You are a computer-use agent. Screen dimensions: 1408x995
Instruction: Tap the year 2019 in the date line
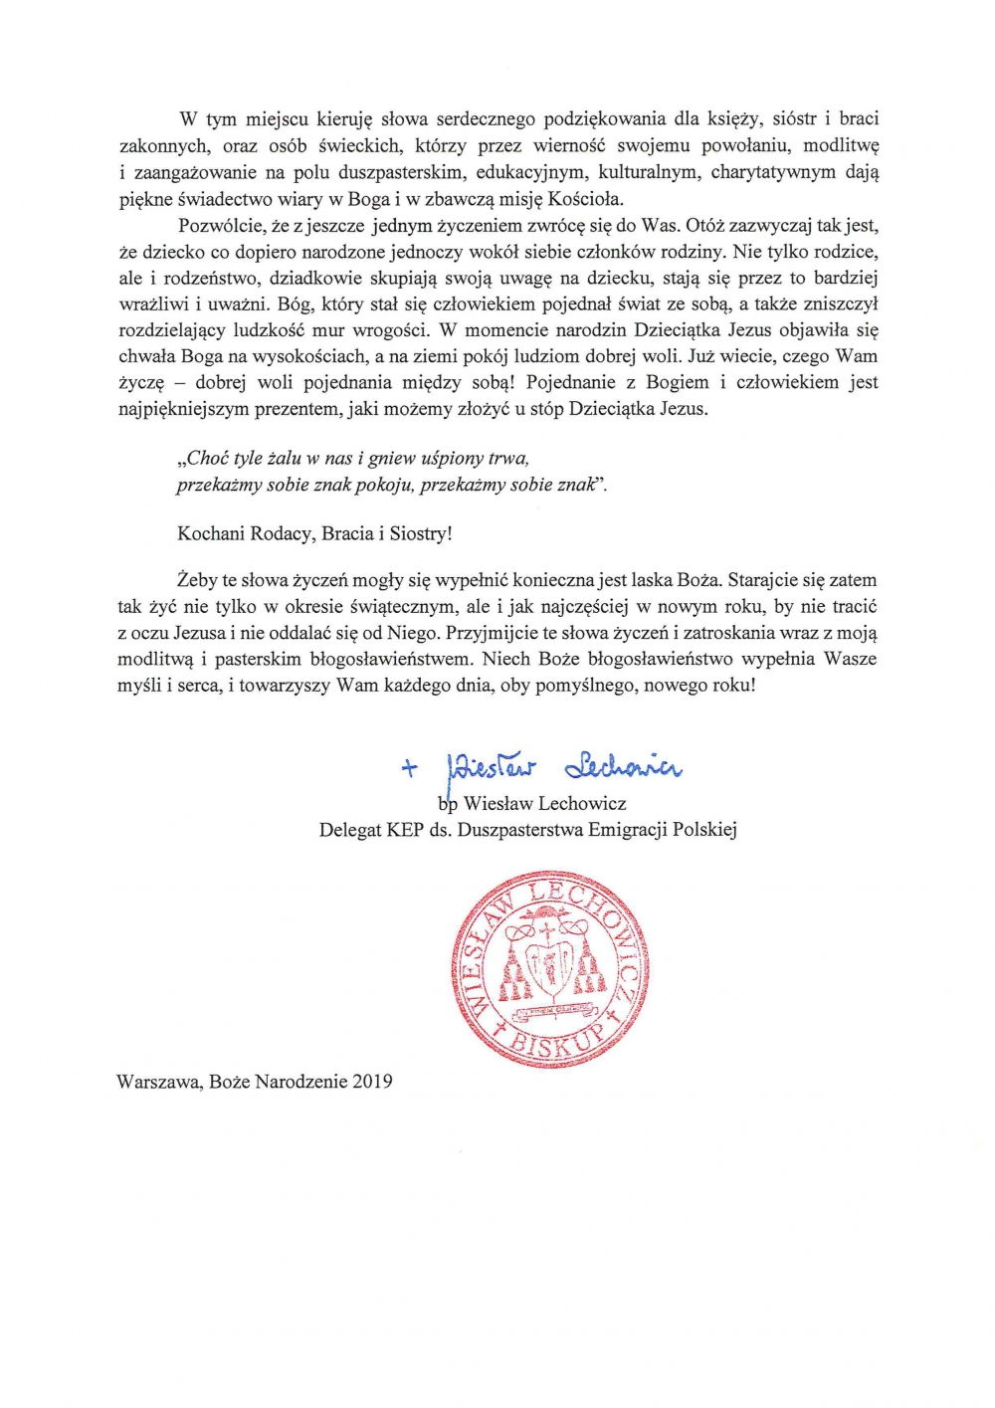[372, 1082]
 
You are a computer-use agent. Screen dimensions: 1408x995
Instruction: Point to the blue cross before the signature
[409, 767]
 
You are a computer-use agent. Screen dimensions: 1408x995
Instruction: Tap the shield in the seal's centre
[549, 970]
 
